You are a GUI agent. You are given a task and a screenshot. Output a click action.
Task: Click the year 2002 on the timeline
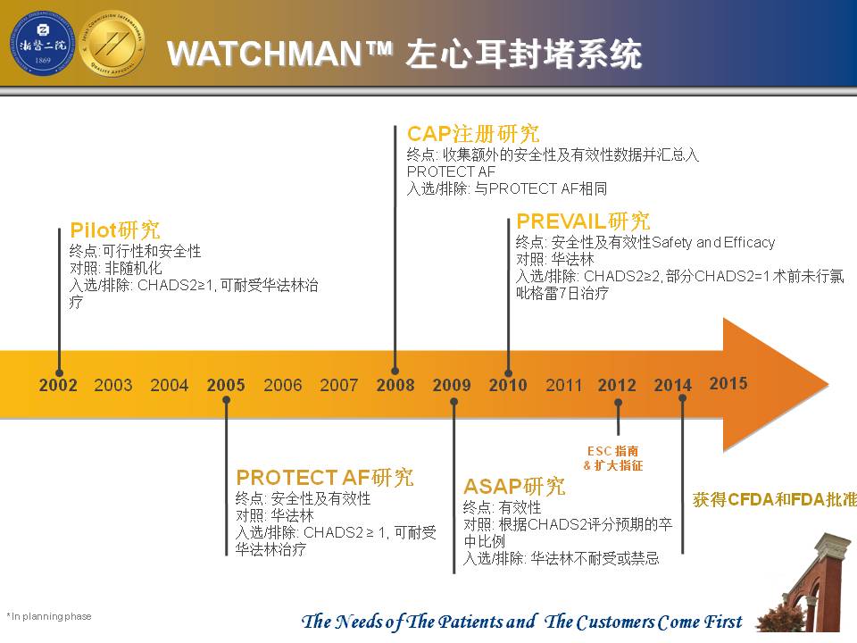pyautogui.click(x=58, y=385)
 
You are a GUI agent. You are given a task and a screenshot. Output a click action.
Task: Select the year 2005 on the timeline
pyautogui.click(x=226, y=385)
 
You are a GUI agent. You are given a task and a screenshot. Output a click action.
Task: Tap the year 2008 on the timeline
pyautogui.click(x=395, y=385)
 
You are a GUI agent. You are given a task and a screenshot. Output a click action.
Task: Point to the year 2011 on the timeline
pyautogui.click(x=563, y=386)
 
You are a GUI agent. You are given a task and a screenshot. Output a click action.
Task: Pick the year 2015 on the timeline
pyautogui.click(x=728, y=383)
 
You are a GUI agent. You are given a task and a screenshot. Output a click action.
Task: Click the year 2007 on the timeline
pyautogui.click(x=339, y=385)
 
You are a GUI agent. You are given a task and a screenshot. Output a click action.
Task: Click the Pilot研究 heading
pyautogui.click(x=115, y=230)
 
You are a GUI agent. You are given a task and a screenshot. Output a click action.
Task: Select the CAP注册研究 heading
pyautogui.click(x=473, y=134)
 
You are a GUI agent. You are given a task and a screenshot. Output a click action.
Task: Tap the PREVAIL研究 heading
pyautogui.click(x=583, y=221)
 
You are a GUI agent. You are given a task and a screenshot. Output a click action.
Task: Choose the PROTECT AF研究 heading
pyautogui.click(x=325, y=477)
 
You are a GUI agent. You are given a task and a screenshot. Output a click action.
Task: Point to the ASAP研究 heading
pyautogui.click(x=514, y=486)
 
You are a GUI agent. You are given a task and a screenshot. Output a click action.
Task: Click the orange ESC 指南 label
pyautogui.click(x=612, y=451)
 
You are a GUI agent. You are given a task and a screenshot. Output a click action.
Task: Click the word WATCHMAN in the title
pyautogui.click(x=264, y=54)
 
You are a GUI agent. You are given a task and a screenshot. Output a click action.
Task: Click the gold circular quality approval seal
pyautogui.click(x=112, y=43)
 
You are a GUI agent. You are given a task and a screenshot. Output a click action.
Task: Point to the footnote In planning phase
pyautogui.click(x=49, y=616)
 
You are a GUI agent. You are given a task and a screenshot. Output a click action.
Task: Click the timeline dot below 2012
pyautogui.click(x=618, y=402)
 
